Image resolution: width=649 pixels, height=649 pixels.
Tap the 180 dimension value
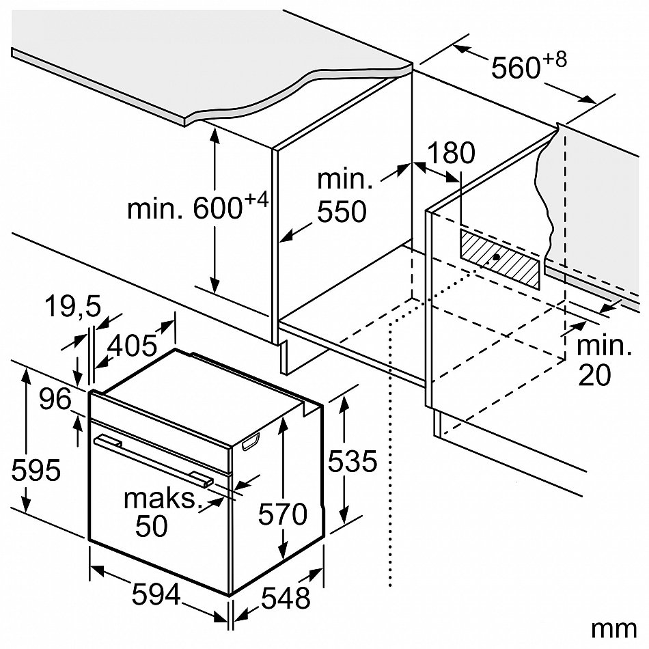point(447,154)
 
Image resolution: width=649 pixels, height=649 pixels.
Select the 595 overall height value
point(37,470)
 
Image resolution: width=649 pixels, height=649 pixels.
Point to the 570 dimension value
point(282,514)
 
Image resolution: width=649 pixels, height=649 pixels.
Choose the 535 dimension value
point(352,462)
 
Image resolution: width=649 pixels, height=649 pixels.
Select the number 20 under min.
point(594,375)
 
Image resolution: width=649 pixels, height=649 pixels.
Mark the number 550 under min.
point(341,212)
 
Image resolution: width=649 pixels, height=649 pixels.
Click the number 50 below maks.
point(152,527)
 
